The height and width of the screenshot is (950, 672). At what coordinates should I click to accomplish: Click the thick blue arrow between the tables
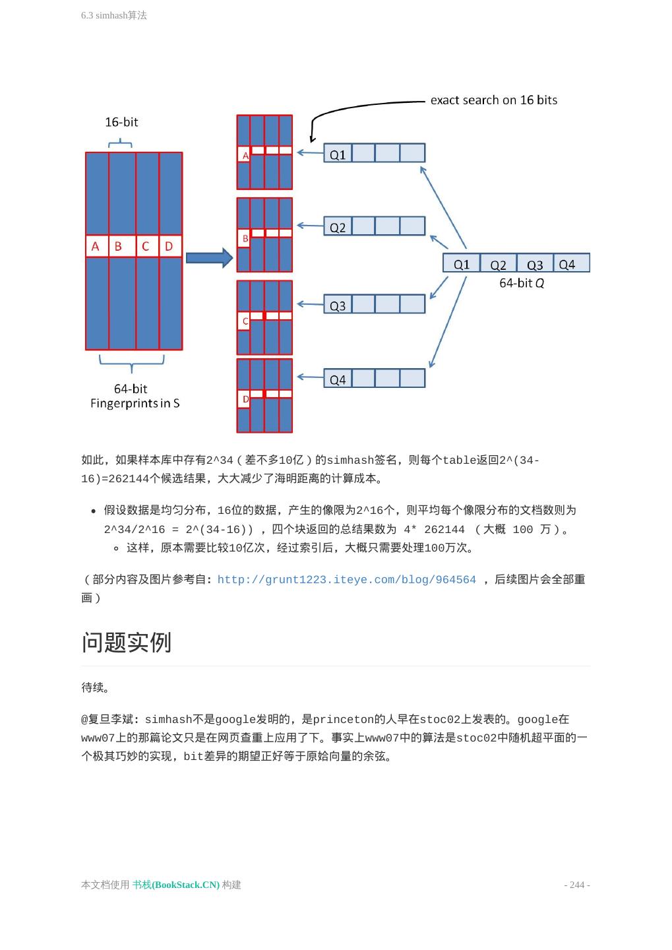(x=209, y=258)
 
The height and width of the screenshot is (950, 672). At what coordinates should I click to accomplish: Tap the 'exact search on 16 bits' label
(x=493, y=100)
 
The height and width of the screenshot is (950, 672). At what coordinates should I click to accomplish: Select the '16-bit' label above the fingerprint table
(x=121, y=122)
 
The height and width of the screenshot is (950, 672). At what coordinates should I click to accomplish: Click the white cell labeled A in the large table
(x=96, y=246)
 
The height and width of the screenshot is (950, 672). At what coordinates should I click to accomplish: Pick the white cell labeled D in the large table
(x=170, y=246)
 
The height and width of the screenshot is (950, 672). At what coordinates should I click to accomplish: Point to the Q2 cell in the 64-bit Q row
(x=498, y=264)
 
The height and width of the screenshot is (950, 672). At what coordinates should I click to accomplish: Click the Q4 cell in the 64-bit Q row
(x=570, y=264)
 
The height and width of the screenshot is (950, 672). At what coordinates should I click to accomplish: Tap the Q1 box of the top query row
(x=338, y=154)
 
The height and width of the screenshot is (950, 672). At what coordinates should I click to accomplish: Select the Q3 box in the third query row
(x=338, y=305)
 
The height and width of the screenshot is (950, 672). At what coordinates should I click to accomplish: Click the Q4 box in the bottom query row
(x=338, y=379)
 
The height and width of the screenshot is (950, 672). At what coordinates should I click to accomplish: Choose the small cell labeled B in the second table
(x=245, y=238)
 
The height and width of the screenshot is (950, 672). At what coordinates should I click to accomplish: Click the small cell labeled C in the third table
(x=245, y=321)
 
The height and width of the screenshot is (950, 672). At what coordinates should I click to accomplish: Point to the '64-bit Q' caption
(x=522, y=283)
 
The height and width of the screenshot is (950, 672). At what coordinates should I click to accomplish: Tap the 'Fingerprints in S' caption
(x=135, y=403)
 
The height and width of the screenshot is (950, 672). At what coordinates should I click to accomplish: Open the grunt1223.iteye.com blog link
(x=346, y=580)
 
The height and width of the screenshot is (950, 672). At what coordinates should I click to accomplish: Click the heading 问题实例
(x=127, y=642)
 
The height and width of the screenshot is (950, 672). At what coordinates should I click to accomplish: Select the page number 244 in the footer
(x=577, y=885)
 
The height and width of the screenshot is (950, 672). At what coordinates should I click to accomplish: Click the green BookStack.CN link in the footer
(x=176, y=885)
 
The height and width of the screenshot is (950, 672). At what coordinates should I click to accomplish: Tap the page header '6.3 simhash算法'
(x=114, y=15)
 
